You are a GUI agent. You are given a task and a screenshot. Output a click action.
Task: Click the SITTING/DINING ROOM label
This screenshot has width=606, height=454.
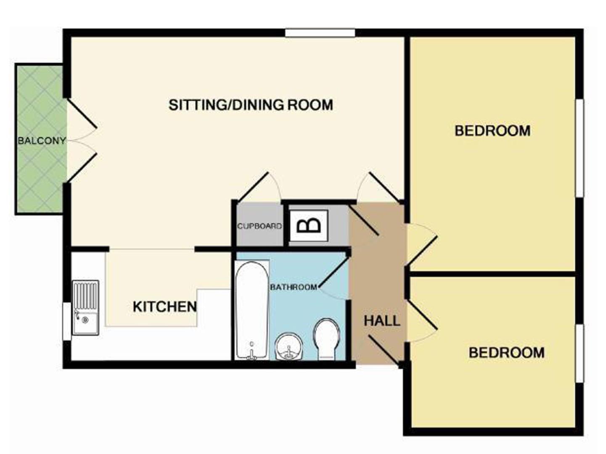click(x=251, y=105)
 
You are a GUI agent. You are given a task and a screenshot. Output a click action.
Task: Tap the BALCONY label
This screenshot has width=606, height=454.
click(x=41, y=141)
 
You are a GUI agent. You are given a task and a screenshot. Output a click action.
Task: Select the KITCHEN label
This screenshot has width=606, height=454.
click(x=164, y=307)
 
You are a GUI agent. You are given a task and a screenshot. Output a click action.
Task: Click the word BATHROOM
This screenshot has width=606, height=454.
click(x=293, y=287)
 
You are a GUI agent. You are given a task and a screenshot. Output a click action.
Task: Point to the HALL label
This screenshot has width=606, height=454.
click(x=382, y=321)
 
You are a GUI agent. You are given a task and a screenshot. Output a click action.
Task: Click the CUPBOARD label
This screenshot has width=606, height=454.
click(x=259, y=226)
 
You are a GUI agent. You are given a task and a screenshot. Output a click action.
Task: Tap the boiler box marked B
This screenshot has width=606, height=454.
click(x=308, y=226)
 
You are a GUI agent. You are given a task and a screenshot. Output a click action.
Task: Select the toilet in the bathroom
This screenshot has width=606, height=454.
click(x=326, y=339)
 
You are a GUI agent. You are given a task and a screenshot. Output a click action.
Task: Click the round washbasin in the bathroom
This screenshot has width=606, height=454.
click(x=289, y=347)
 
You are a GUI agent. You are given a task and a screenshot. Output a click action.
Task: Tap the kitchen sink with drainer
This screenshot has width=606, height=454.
click(x=85, y=308)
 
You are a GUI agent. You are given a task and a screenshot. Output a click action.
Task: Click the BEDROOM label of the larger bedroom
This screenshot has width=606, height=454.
click(x=492, y=131)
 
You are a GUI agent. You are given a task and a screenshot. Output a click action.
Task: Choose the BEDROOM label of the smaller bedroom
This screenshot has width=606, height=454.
click(x=507, y=352)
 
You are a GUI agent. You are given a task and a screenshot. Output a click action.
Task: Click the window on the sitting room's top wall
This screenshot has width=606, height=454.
click(x=320, y=33)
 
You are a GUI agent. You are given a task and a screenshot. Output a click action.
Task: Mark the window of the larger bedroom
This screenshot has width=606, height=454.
click(x=580, y=148)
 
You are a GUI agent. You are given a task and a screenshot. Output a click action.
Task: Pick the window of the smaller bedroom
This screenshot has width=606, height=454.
click(x=580, y=353)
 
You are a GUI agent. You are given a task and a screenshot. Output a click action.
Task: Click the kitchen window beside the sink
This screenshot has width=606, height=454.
click(x=67, y=321)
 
